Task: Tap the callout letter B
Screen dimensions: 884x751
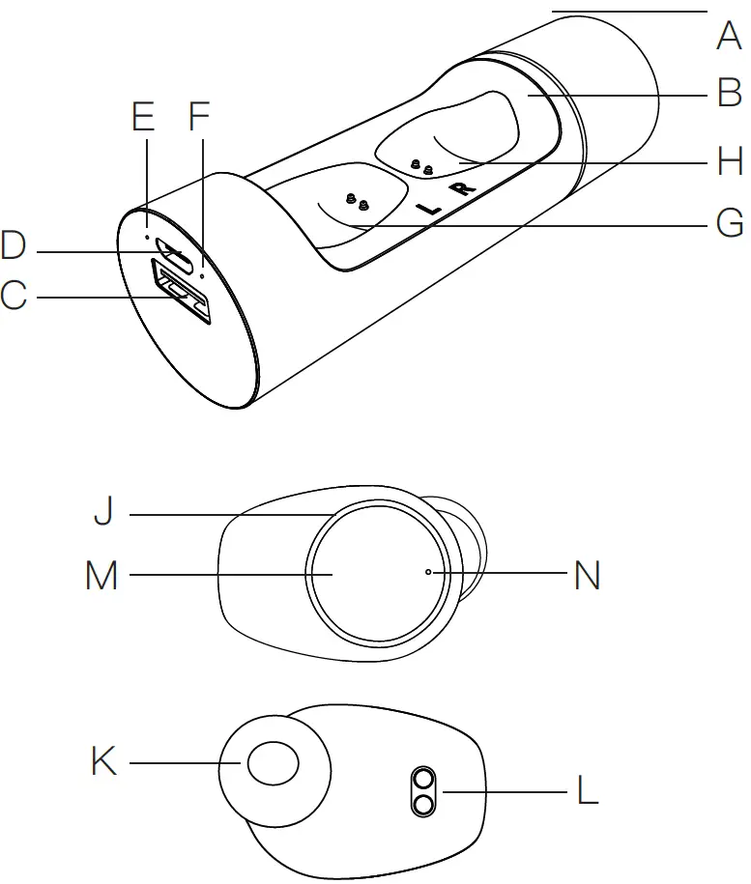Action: (728, 94)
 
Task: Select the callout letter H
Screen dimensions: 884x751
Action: (729, 161)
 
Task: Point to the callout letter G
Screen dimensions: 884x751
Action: (729, 224)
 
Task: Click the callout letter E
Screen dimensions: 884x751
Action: (142, 117)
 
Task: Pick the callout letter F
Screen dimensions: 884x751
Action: (198, 117)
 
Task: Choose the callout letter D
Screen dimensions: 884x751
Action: (14, 246)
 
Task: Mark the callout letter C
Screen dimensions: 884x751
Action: (14, 297)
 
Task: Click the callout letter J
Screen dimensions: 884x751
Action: (103, 512)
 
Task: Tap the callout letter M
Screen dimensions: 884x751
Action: (101, 577)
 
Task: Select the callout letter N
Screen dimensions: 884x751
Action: (587, 577)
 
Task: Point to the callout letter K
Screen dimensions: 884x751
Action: (103, 762)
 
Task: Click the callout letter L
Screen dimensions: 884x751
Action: (587, 792)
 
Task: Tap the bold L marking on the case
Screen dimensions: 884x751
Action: (426, 207)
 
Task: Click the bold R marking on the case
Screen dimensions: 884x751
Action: (465, 187)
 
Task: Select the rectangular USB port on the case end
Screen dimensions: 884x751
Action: (181, 292)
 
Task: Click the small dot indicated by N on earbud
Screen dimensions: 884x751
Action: (428, 572)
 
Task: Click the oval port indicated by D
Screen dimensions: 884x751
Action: (177, 254)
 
